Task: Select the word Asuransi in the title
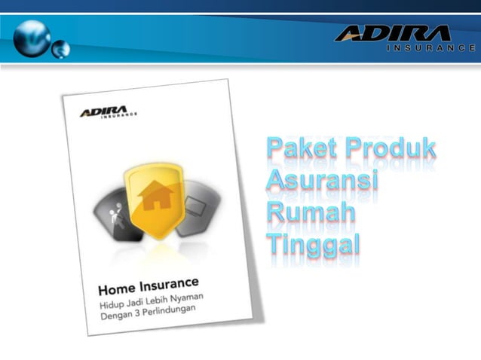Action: (x=323, y=181)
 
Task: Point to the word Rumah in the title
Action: (x=311, y=212)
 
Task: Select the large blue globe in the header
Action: (x=31, y=36)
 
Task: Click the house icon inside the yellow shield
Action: (x=156, y=194)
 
